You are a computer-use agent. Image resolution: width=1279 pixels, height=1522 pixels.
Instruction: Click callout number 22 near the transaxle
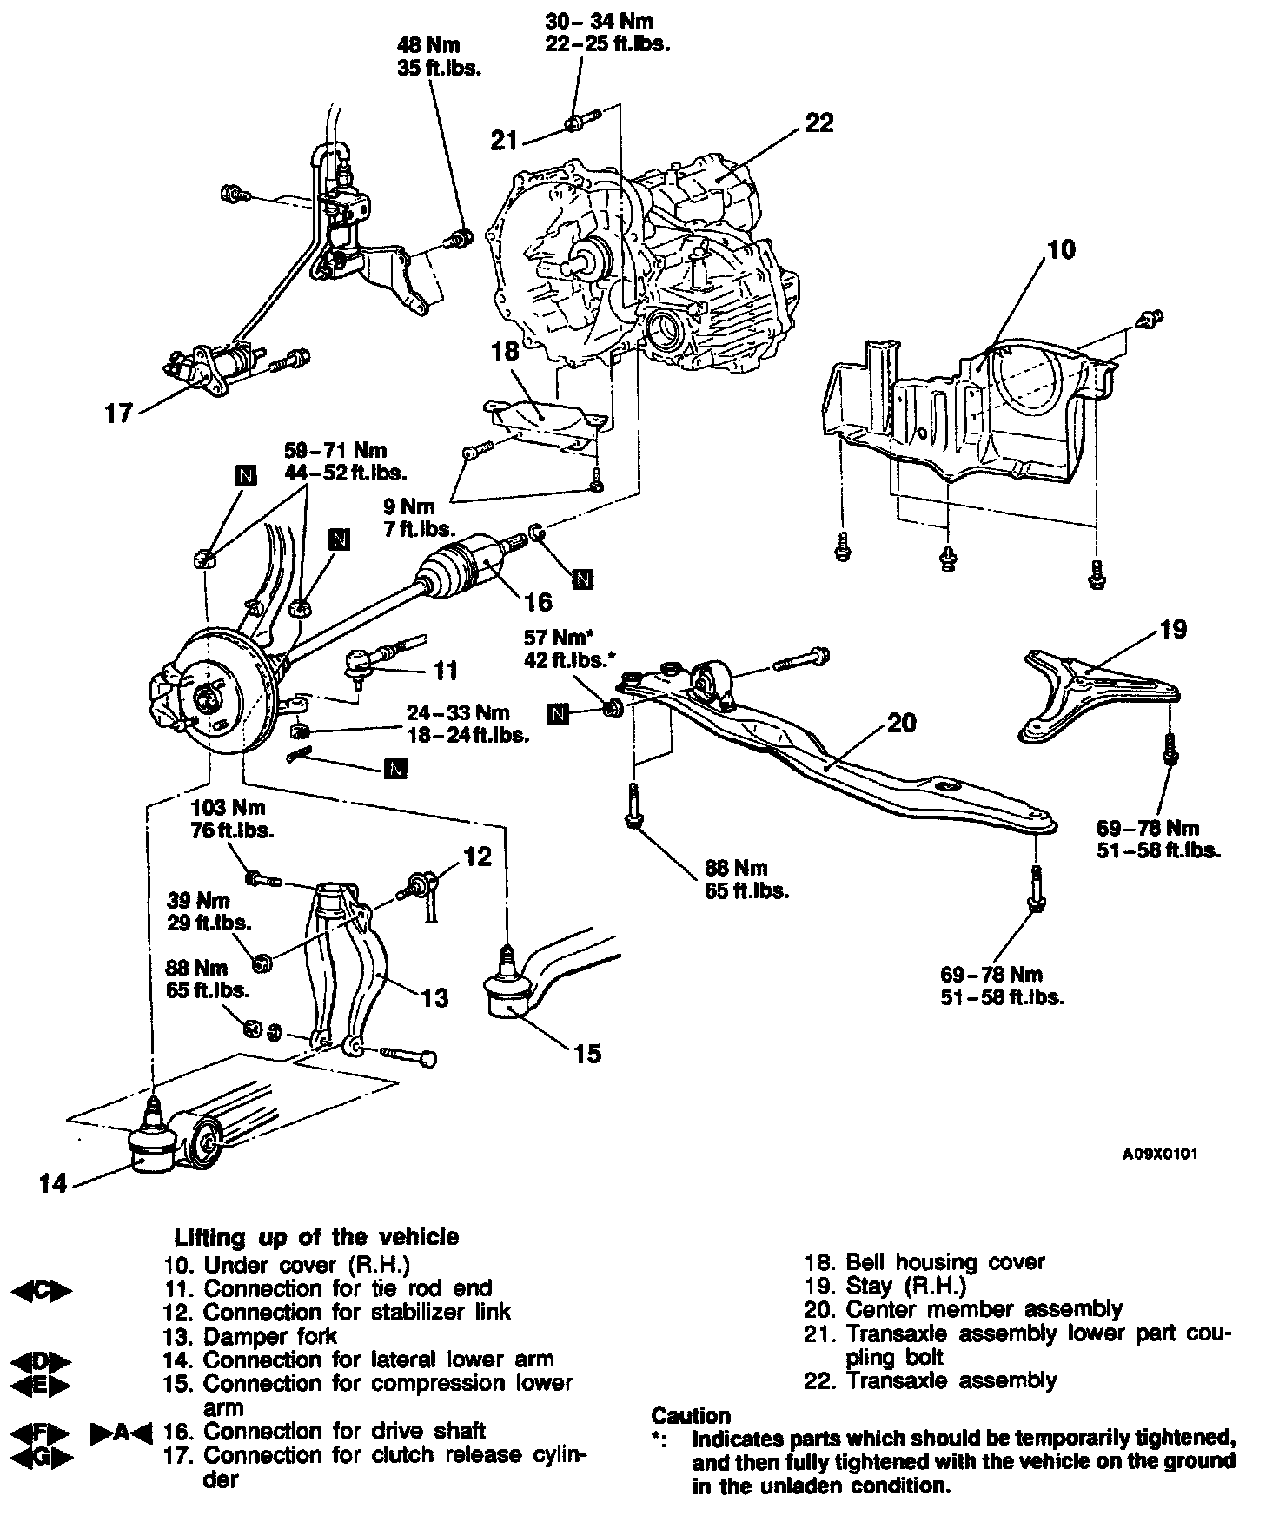coord(818,122)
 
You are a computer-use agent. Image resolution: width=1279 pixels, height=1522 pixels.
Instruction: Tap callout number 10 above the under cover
coord(1060,249)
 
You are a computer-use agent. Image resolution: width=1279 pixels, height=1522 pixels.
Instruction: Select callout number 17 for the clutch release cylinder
coord(119,413)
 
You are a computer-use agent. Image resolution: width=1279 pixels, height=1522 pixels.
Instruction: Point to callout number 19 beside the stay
coord(1173,628)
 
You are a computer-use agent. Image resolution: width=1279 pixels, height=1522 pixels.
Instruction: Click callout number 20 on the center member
coord(902,722)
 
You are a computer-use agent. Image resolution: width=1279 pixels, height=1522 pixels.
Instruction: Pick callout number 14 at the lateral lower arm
coord(53,1182)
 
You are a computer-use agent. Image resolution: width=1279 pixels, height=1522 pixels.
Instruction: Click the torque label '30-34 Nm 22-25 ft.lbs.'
coord(607,32)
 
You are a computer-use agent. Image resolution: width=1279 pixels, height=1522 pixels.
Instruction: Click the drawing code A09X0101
coord(1160,1155)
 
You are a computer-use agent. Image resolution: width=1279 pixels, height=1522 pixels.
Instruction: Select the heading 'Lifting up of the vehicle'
coord(316,1236)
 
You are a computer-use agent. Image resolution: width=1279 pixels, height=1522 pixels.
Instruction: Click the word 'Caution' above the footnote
coord(691,1416)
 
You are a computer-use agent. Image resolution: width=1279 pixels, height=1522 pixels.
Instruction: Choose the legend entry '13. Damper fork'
coord(250,1335)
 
